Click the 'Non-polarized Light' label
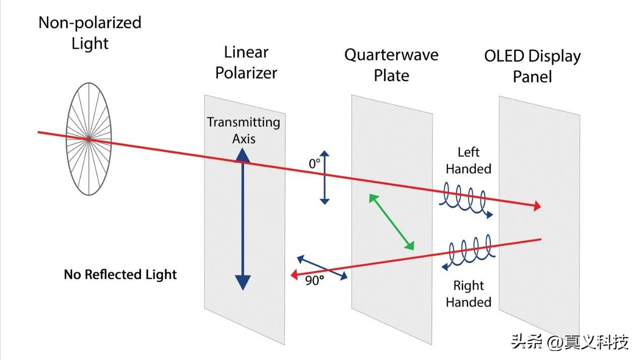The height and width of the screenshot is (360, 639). pyautogui.click(x=90, y=33)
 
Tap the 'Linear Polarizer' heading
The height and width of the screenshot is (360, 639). pyautogui.click(x=246, y=63)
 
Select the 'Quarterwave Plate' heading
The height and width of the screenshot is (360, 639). pyautogui.click(x=391, y=65)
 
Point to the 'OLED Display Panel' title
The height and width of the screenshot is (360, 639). pyautogui.click(x=532, y=66)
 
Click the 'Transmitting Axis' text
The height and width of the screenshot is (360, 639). pyautogui.click(x=243, y=130)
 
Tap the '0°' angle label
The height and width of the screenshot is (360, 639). pyautogui.click(x=314, y=163)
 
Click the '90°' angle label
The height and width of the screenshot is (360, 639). pyautogui.click(x=314, y=281)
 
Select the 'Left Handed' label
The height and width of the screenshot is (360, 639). pyautogui.click(x=468, y=160)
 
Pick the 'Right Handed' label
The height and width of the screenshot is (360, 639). pyautogui.click(x=468, y=294)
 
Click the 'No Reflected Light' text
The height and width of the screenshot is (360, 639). pyautogui.click(x=120, y=275)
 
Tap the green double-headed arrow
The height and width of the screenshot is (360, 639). pyautogui.click(x=392, y=222)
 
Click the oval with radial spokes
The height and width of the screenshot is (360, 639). pyautogui.click(x=88, y=139)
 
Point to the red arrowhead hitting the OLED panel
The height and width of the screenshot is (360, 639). pyautogui.click(x=537, y=206)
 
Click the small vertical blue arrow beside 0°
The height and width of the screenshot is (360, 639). pyautogui.click(x=325, y=177)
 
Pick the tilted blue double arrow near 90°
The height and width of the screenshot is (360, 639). pyautogui.click(x=322, y=268)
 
